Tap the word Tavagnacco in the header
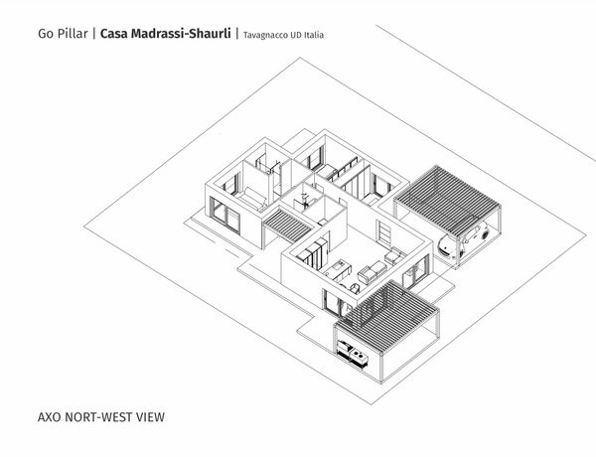[264, 35]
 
